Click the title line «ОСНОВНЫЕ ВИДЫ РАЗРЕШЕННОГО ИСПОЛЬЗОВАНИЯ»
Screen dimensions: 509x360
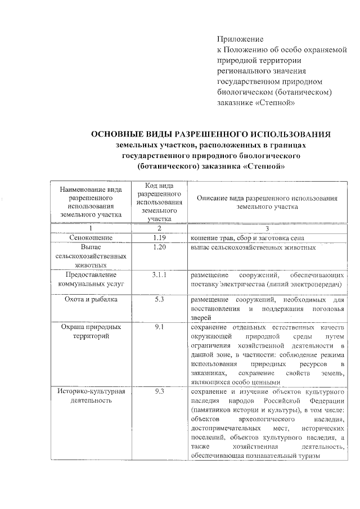pyautogui.click(x=211, y=134)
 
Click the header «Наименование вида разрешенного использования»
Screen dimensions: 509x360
pyautogui.click(x=91, y=202)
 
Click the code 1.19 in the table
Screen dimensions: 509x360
pyautogui.click(x=159, y=238)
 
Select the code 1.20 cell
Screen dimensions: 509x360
pyautogui.click(x=159, y=247)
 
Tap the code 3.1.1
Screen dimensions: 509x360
pyautogui.click(x=159, y=275)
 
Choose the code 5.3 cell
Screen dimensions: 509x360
pyautogui.click(x=159, y=299)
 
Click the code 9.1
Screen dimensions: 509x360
pyautogui.click(x=159, y=327)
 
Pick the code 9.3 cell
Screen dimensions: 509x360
pyautogui.click(x=159, y=391)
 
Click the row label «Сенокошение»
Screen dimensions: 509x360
pyautogui.click(x=91, y=238)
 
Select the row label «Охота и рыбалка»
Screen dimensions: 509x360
pyautogui.click(x=91, y=299)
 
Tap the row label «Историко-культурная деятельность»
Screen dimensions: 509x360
pyautogui.click(x=91, y=396)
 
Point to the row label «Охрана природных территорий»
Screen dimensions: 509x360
pyautogui.click(x=91, y=331)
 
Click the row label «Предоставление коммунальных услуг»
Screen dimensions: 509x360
pyautogui.click(x=91, y=280)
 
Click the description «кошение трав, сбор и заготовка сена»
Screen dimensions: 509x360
pyautogui.click(x=247, y=238)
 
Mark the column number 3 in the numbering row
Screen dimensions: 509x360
pyautogui.click(x=267, y=228)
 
